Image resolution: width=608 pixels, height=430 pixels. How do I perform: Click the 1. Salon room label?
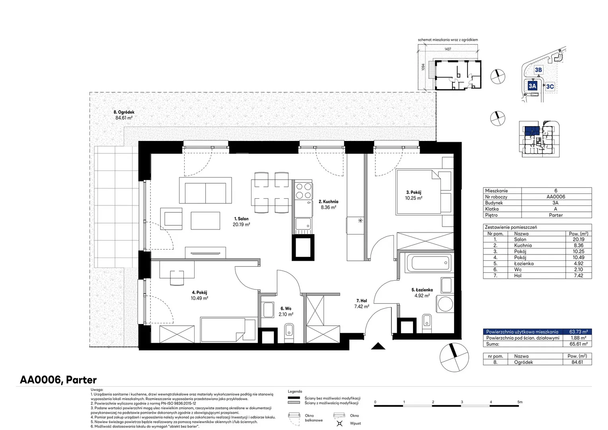coord(241,219)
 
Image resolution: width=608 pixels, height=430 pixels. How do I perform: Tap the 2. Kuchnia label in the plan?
coord(328,201)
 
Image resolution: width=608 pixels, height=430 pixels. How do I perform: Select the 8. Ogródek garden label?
coord(124,112)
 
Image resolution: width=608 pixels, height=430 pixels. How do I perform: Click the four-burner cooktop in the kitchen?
coord(304,191)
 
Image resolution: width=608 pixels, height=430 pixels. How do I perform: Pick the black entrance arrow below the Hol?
coord(378,346)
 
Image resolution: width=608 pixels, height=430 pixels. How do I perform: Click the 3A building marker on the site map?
coord(532,86)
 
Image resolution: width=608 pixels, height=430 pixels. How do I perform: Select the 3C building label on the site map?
coord(550,86)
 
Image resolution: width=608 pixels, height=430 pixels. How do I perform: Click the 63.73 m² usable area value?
coord(579,332)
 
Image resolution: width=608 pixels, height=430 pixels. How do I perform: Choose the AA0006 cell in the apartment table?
coord(555,197)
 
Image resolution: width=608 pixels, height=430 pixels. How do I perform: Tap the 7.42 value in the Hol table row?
coord(579,276)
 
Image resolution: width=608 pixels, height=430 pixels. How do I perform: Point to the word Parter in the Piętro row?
coord(555,215)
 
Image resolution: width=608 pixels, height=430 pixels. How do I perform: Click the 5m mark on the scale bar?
coord(520,402)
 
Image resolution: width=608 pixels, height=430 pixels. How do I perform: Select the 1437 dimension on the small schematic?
coord(448,49)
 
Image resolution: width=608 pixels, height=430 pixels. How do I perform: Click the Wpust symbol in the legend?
coord(339,423)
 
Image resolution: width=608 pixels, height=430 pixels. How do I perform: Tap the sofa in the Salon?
coord(205,190)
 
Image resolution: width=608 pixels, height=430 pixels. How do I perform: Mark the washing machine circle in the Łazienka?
coord(445,304)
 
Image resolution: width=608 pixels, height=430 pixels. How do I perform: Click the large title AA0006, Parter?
coord(58,380)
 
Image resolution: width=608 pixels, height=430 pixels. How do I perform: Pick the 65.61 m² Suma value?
coord(579,344)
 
